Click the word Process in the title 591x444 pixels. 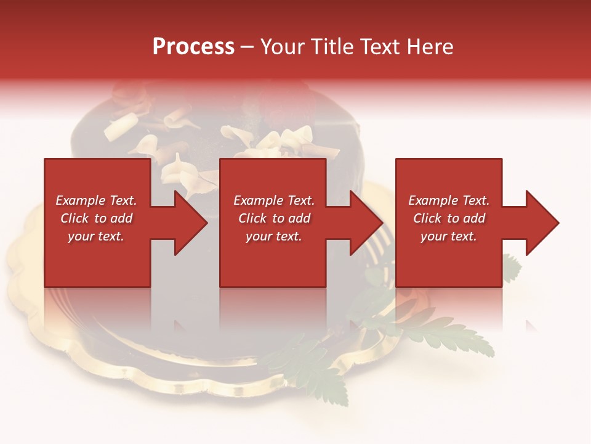(x=193, y=47)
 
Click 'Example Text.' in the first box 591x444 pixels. (x=96, y=200)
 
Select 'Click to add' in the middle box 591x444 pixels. (x=274, y=218)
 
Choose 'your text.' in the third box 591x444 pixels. (x=449, y=236)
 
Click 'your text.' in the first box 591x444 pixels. (x=96, y=236)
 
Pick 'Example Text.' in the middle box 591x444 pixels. (x=274, y=200)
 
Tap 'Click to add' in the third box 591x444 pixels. (x=449, y=218)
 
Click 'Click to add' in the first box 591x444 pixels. (x=96, y=218)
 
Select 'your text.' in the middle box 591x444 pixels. (x=274, y=236)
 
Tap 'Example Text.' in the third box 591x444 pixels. (x=449, y=200)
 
